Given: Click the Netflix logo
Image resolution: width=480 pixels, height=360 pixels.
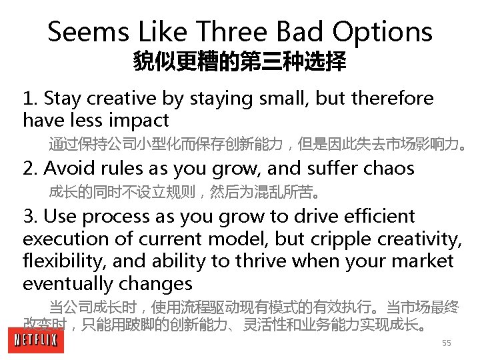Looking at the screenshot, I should pyautogui.click(x=36, y=341).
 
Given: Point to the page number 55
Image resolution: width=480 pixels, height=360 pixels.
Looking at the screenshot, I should pyautogui.click(x=447, y=343).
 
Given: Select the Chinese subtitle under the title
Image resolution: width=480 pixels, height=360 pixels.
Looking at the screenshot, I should pyautogui.click(x=240, y=63).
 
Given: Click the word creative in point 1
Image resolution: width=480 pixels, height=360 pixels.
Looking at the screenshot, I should pyautogui.click(x=127, y=99).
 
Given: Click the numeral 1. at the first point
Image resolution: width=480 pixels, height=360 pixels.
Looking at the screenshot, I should pyautogui.click(x=29, y=99).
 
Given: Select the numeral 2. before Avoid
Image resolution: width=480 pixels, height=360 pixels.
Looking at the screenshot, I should pyautogui.click(x=29, y=169).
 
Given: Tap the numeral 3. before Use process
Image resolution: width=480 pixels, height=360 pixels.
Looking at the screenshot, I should pyautogui.click(x=29, y=217).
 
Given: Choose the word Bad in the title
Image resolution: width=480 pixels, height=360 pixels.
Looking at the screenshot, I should pyautogui.click(x=295, y=31).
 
